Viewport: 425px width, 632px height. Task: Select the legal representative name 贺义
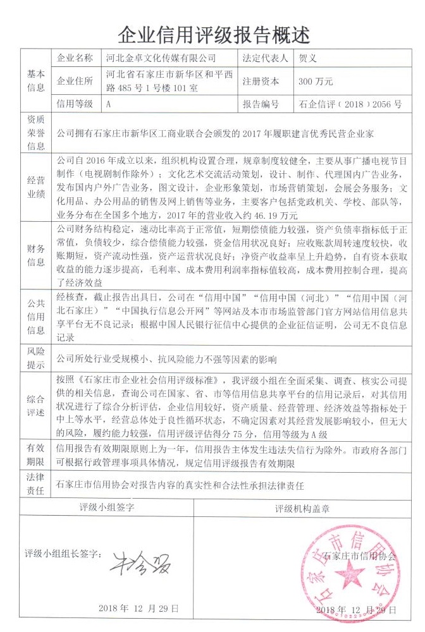pyautogui.click(x=307, y=58)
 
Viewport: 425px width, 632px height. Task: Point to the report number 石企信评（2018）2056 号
pyautogui.click(x=350, y=104)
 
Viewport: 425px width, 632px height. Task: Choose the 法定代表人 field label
pyautogui.click(x=265, y=58)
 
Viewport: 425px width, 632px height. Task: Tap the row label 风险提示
pyautogui.click(x=35, y=358)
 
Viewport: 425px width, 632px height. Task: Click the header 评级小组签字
pyautogui.click(x=106, y=507)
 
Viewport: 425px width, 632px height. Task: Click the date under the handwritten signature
pyautogui.click(x=139, y=608)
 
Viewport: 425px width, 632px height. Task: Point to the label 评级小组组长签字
pyautogui.click(x=63, y=554)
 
